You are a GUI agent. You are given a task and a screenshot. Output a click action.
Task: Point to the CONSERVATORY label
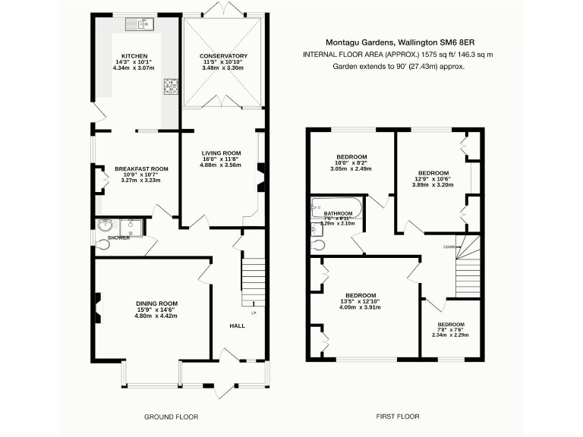[223, 56]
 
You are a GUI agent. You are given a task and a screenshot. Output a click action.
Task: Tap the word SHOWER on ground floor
[118, 237]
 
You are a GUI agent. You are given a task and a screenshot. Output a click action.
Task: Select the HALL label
[238, 325]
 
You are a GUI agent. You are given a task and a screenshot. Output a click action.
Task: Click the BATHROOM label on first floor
[339, 214]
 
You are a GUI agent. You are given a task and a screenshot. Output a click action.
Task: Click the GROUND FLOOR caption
[171, 417]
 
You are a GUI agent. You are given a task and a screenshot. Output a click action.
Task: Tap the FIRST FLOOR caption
[398, 417]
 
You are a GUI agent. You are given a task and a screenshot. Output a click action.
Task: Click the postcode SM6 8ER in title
[468, 43]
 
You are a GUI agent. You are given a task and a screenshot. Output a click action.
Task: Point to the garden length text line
[399, 66]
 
